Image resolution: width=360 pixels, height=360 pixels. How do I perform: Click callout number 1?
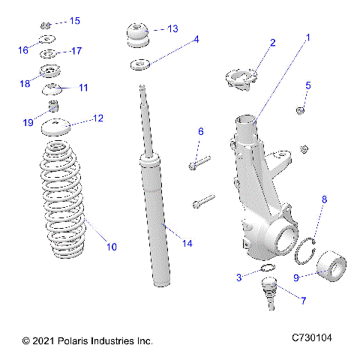coord(306,36)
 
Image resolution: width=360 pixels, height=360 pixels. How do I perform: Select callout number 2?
coord(273,43)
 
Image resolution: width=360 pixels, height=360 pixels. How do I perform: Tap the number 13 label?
coord(172,28)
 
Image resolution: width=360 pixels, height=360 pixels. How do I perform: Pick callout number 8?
coord(324,200)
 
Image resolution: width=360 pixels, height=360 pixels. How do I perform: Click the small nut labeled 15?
coord(46,23)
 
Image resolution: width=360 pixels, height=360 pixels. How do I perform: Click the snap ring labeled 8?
coord(307,252)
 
